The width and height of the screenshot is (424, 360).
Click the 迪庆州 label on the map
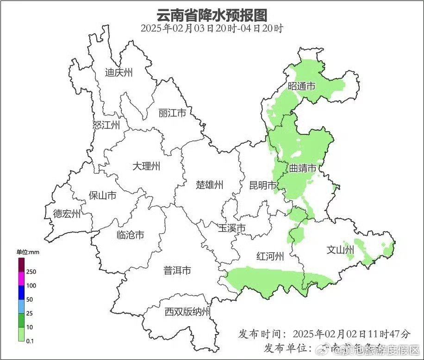coord(119,72)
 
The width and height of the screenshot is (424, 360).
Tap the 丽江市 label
coord(172,113)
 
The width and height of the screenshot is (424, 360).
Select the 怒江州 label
coord(106,125)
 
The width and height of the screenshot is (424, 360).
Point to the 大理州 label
coord(146,166)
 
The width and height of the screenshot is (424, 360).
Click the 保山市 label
coord(102,196)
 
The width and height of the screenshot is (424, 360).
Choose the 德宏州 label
coord(67,214)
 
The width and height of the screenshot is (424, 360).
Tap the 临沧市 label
coord(130,235)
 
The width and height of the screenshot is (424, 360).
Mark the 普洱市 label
coord(177,270)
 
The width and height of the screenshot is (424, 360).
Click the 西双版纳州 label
coord(187,312)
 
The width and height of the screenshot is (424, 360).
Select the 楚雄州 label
coord(209,185)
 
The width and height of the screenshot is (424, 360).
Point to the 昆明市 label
coord(262,185)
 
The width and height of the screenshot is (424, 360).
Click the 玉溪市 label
coord(231,228)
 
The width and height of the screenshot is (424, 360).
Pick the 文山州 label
coord(340,250)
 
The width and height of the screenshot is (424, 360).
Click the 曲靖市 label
coord(303,168)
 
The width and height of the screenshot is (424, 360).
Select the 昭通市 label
coord(301,86)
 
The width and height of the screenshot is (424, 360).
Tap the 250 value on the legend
coord(31,272)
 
